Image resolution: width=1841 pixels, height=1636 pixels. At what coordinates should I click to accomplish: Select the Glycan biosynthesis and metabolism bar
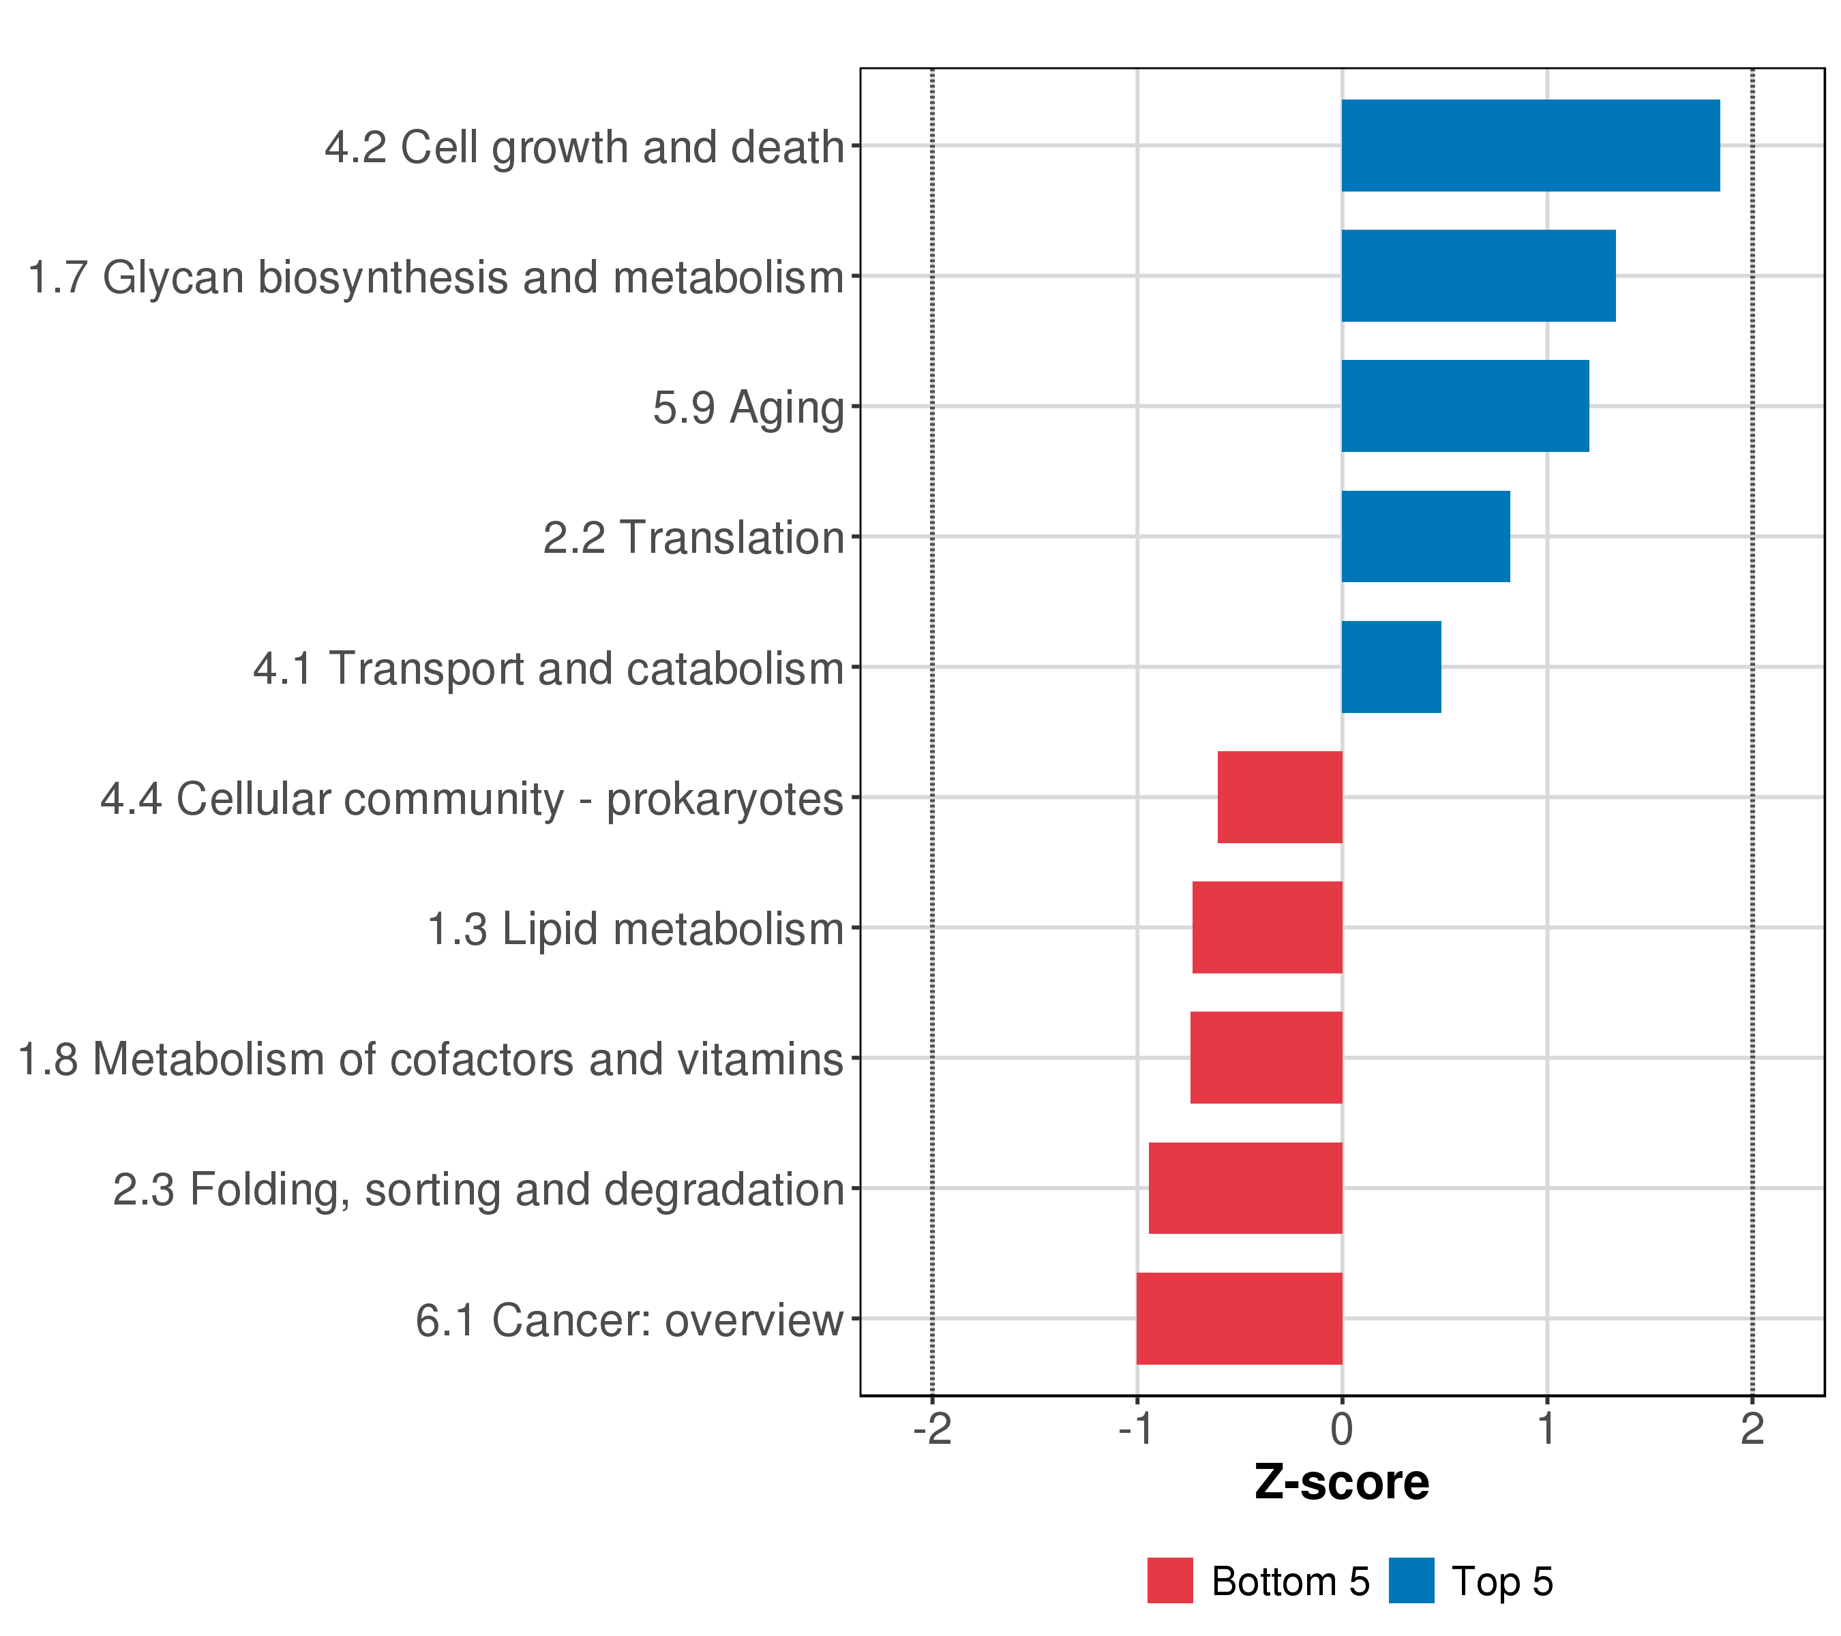[x=1478, y=275]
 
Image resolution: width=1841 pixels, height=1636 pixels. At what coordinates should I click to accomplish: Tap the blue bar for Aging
[x=1465, y=406]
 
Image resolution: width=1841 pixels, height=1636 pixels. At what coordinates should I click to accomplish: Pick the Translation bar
[x=1426, y=536]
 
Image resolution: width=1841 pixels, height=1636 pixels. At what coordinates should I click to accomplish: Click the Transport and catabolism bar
[x=1392, y=667]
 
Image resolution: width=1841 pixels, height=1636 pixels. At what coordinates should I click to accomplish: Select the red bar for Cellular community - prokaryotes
[x=1280, y=797]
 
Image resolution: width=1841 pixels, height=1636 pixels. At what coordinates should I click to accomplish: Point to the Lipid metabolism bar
[x=1268, y=927]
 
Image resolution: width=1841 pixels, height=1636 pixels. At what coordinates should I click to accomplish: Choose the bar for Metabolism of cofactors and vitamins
[x=1266, y=1058]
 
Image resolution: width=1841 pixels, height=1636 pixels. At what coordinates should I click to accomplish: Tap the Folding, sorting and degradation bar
[x=1246, y=1189]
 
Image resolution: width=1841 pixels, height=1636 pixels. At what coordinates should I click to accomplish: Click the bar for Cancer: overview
[x=1240, y=1319]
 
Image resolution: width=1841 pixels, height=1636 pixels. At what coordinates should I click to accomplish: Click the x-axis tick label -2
[x=932, y=1429]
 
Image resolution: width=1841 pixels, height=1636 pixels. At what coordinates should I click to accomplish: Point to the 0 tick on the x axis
[x=1342, y=1429]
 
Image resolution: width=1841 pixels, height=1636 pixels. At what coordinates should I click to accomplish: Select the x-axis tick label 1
[x=1547, y=1429]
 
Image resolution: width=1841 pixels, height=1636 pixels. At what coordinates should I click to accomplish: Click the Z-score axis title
[x=1342, y=1483]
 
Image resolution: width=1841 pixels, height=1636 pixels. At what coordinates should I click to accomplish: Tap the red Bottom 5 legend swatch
[x=1170, y=1581]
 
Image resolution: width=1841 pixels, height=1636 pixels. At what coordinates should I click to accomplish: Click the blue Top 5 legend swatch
[x=1411, y=1581]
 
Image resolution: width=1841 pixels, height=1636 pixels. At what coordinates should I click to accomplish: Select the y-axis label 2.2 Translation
[x=693, y=539]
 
